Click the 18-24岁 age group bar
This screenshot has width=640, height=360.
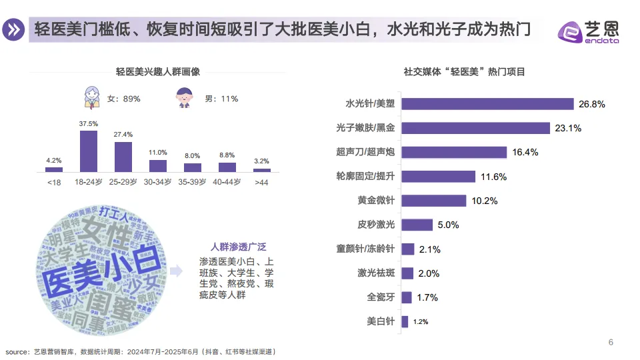tap(89, 151)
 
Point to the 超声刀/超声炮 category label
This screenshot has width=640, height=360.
tap(365, 152)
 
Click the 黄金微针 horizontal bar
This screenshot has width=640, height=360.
tap(434, 201)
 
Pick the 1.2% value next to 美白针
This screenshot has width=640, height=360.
tap(421, 321)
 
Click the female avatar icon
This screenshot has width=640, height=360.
tap(92, 97)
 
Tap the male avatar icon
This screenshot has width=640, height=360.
tap(186, 98)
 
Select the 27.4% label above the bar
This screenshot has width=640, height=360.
tap(123, 135)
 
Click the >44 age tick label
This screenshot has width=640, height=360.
tap(261, 181)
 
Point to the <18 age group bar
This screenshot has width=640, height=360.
tap(54, 169)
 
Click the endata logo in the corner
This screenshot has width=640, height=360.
tap(589, 31)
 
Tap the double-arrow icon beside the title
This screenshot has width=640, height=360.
tap(14, 30)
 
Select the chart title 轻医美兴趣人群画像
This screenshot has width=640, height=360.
tap(158, 72)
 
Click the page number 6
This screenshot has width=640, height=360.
tap(611, 343)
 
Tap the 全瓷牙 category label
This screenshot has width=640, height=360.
tap(381, 297)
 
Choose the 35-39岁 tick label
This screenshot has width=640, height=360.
tap(193, 181)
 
